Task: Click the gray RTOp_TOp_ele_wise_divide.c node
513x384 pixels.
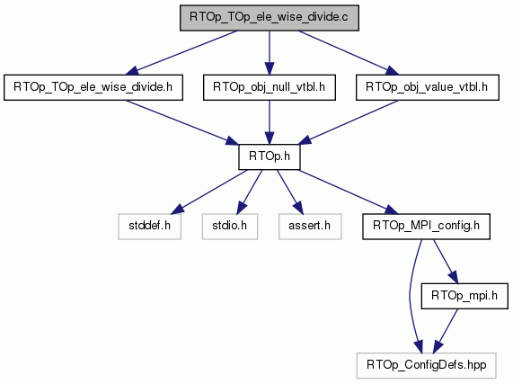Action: (270, 18)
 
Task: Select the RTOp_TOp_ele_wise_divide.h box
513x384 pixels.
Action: (93, 87)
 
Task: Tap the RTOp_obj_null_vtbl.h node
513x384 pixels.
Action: (270, 87)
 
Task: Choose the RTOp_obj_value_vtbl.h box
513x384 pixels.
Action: (428, 87)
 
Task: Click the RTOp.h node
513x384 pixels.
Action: (270, 157)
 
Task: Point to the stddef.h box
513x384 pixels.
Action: (149, 227)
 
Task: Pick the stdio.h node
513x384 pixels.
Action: (230, 227)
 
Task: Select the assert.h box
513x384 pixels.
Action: (310, 227)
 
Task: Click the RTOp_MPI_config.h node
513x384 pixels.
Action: (426, 227)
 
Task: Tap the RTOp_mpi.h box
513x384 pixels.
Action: (464, 296)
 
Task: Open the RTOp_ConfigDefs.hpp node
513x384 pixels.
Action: (426, 366)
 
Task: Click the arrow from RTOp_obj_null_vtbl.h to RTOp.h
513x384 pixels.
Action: (270, 122)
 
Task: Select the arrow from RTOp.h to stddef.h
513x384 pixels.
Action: (209, 192)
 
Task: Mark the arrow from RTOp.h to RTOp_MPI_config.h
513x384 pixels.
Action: (349, 192)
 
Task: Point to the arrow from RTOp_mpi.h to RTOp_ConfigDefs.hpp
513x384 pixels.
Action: (446, 331)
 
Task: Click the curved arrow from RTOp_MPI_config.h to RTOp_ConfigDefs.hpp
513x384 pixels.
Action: (410, 296)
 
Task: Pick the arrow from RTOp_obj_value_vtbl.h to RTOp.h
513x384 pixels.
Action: (348, 122)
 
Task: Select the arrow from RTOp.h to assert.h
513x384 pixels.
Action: (290, 192)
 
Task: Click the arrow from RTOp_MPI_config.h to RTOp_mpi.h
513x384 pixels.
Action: (446, 262)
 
